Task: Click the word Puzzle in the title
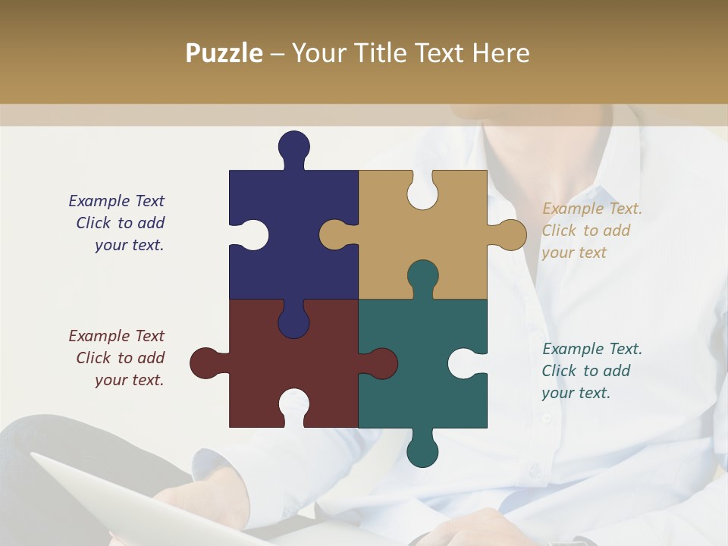(224, 54)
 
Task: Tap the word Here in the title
(500, 53)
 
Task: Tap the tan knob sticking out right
(509, 235)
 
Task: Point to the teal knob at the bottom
(422, 450)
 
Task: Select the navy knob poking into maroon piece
(293, 321)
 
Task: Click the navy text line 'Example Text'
(116, 201)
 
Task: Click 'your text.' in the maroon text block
(129, 380)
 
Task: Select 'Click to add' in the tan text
(585, 231)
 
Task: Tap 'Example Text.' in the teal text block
(591, 349)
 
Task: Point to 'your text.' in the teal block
(576, 393)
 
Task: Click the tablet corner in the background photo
(38, 458)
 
